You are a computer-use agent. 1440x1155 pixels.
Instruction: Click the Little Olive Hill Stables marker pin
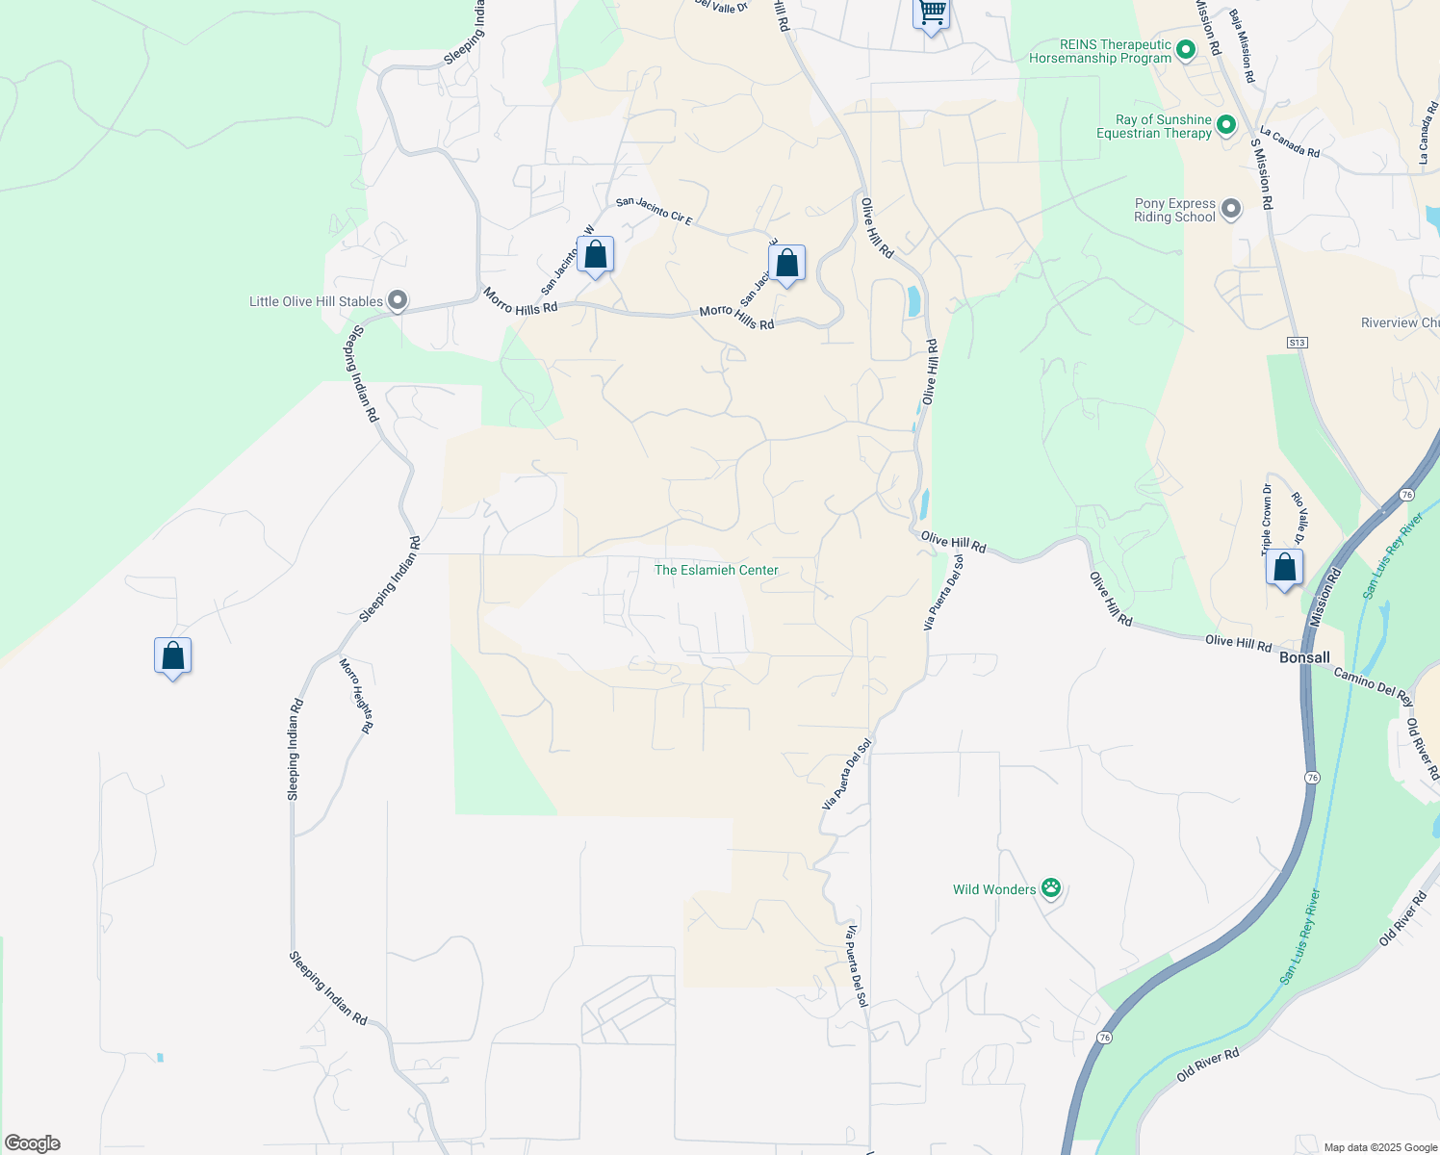(x=397, y=301)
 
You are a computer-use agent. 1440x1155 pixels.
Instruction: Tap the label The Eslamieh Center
(x=716, y=570)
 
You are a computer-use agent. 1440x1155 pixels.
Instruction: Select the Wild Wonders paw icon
(x=1051, y=888)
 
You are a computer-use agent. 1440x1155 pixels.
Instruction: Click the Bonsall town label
(x=1304, y=658)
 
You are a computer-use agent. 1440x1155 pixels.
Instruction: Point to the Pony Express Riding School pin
(x=1230, y=209)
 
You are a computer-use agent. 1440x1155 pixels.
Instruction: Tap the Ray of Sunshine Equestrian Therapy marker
(x=1226, y=126)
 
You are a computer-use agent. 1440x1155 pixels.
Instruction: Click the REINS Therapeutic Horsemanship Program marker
(x=1186, y=49)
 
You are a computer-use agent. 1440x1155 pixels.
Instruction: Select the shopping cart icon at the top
(x=931, y=13)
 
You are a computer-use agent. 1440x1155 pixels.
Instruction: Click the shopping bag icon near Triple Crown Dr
(x=1284, y=568)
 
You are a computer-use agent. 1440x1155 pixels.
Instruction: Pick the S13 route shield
(x=1298, y=343)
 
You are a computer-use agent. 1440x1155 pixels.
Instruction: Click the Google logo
(x=33, y=1143)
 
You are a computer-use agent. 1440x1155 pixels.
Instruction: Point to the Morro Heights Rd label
(x=356, y=696)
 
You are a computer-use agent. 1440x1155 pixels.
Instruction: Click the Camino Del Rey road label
(x=1373, y=686)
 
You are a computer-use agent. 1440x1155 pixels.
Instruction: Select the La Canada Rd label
(x=1289, y=143)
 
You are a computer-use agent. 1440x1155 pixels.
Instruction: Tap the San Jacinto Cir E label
(x=655, y=210)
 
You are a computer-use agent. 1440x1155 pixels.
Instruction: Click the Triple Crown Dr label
(x=1267, y=520)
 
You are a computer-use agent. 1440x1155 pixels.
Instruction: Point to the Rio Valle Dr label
(x=1300, y=518)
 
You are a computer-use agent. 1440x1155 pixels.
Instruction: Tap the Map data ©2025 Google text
(x=1380, y=1147)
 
